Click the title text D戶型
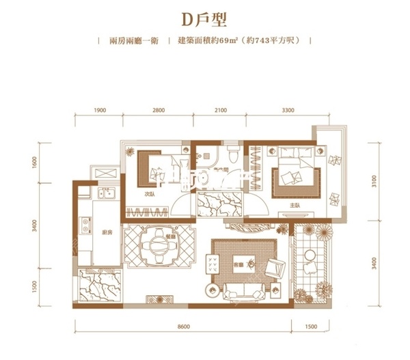tap(206, 17)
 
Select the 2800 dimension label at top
tap(159, 110)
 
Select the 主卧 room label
tap(295, 204)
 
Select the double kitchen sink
tap(106, 195)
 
